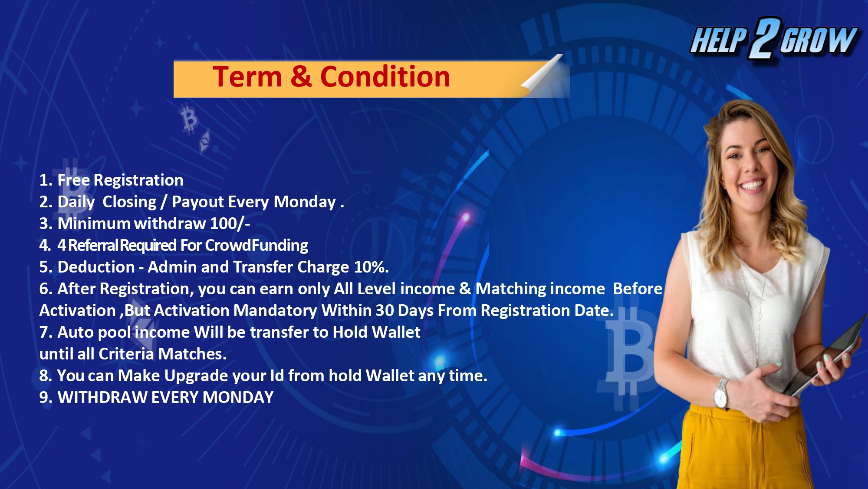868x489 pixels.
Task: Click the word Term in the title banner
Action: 247,77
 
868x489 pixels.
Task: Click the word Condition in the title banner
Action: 385,77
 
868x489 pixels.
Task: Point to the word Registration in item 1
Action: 138,180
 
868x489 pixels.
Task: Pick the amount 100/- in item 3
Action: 230,223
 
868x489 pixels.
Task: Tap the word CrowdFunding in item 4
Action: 256,246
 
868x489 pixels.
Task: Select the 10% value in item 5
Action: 372,267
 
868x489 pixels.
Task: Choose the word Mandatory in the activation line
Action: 275,310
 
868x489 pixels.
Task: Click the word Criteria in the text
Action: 126,354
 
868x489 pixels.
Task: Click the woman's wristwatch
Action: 721,394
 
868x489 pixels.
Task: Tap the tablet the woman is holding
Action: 825,356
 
